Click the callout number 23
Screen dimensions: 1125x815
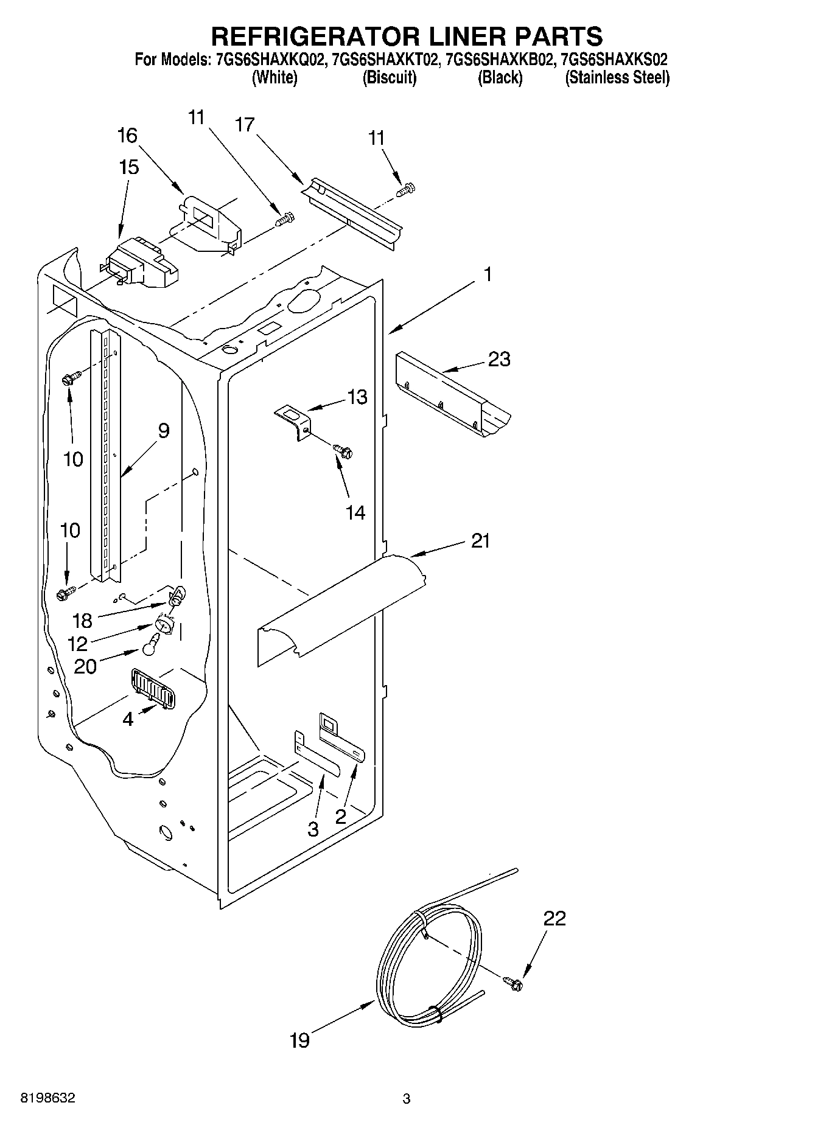tap(499, 359)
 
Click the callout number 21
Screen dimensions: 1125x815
tap(480, 540)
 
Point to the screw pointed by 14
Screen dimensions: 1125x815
tap(343, 451)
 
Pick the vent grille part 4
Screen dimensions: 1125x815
tap(152, 688)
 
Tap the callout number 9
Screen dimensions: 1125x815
tap(163, 431)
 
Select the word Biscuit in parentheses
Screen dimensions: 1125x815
tap(389, 78)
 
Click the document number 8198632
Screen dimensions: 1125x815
tap(48, 1098)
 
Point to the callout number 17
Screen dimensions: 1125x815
tap(245, 125)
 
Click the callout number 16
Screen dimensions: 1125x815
tap(127, 135)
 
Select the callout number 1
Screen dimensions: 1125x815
tap(487, 274)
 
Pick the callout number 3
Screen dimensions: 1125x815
tap(313, 829)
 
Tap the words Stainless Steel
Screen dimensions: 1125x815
tap(617, 78)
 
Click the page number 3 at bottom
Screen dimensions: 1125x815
tap(407, 1099)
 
